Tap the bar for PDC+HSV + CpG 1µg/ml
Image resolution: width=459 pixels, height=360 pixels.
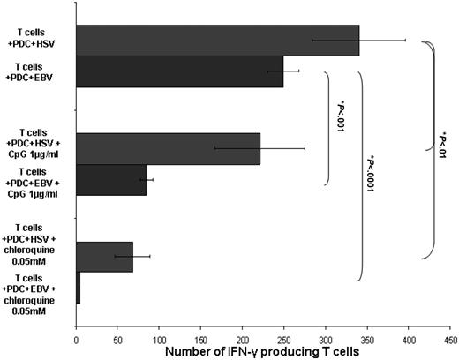tap(168, 148)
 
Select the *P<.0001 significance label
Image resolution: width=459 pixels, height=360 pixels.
tap(371, 180)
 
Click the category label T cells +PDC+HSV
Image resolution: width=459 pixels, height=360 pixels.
tap(39, 36)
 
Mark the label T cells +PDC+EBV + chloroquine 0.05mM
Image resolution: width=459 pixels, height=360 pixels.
tap(37, 295)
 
